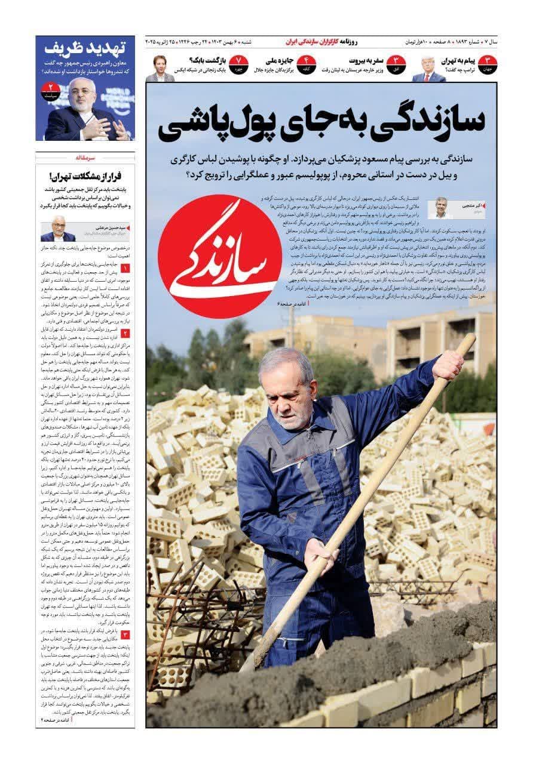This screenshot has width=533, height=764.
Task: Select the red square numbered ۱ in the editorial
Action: (125, 269)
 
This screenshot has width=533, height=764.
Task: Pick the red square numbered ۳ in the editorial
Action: (125, 633)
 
